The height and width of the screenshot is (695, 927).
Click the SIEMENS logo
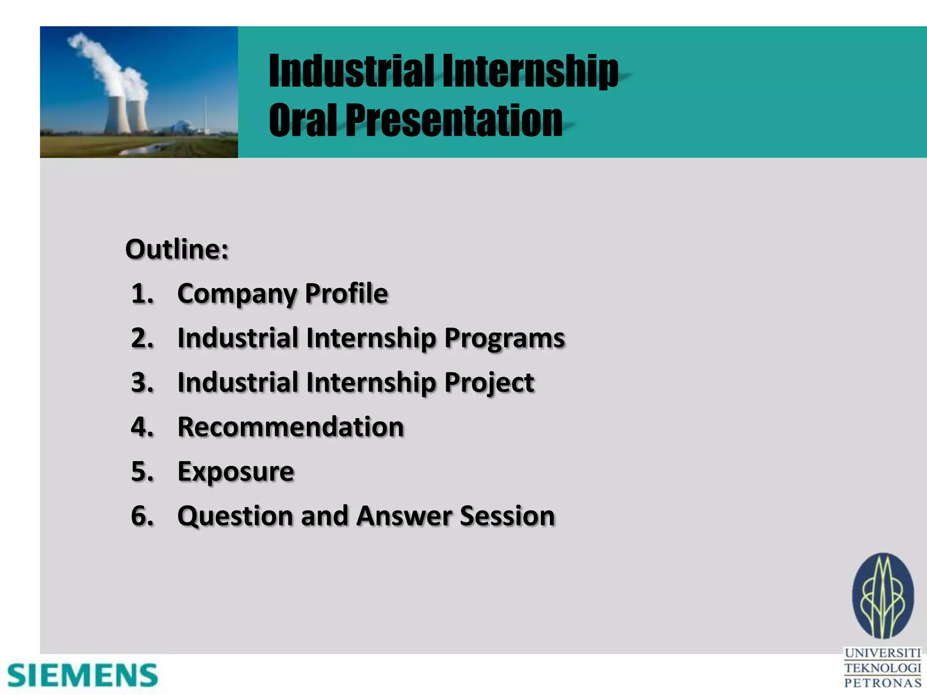pyautogui.click(x=82, y=676)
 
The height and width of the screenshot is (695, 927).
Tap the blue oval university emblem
pyautogui.click(x=883, y=596)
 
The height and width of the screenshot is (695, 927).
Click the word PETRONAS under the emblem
pyautogui.click(x=883, y=683)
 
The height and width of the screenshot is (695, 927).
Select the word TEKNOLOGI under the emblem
pyautogui.click(x=883, y=668)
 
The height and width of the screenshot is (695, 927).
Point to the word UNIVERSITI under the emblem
pyautogui.click(x=883, y=653)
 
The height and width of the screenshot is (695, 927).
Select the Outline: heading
pyautogui.click(x=177, y=249)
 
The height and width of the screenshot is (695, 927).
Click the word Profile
pyautogui.click(x=346, y=294)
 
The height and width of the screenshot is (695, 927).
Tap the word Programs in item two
pyautogui.click(x=504, y=338)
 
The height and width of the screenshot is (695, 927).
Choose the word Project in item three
pyautogui.click(x=489, y=383)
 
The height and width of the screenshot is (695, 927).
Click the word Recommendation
pyautogui.click(x=291, y=427)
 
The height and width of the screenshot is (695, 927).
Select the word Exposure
pyautogui.click(x=236, y=472)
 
